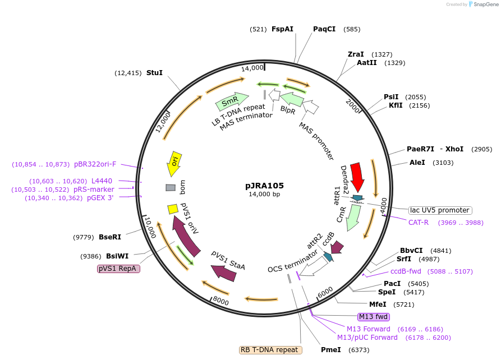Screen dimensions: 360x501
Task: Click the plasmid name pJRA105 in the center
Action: tap(264, 186)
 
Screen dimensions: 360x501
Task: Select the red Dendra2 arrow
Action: tap(357, 177)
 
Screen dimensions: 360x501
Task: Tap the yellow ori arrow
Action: tap(174, 163)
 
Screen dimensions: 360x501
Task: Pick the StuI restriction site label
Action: tap(154, 73)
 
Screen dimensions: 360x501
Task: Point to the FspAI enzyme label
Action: tap(282, 29)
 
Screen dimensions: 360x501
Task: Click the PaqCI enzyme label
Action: tap(324, 29)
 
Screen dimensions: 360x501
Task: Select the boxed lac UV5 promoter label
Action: tap(440, 210)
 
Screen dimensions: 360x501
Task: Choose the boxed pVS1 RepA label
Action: tap(118, 269)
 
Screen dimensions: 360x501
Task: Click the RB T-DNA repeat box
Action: tap(270, 350)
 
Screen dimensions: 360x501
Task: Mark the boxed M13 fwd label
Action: tap(373, 317)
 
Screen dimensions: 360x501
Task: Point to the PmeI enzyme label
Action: tap(330, 350)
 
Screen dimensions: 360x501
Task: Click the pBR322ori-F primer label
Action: tap(95, 164)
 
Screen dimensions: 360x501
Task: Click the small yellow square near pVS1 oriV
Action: tap(173, 209)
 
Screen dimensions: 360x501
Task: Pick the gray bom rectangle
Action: tap(171, 187)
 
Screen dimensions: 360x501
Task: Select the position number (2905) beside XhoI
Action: tap(481, 149)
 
